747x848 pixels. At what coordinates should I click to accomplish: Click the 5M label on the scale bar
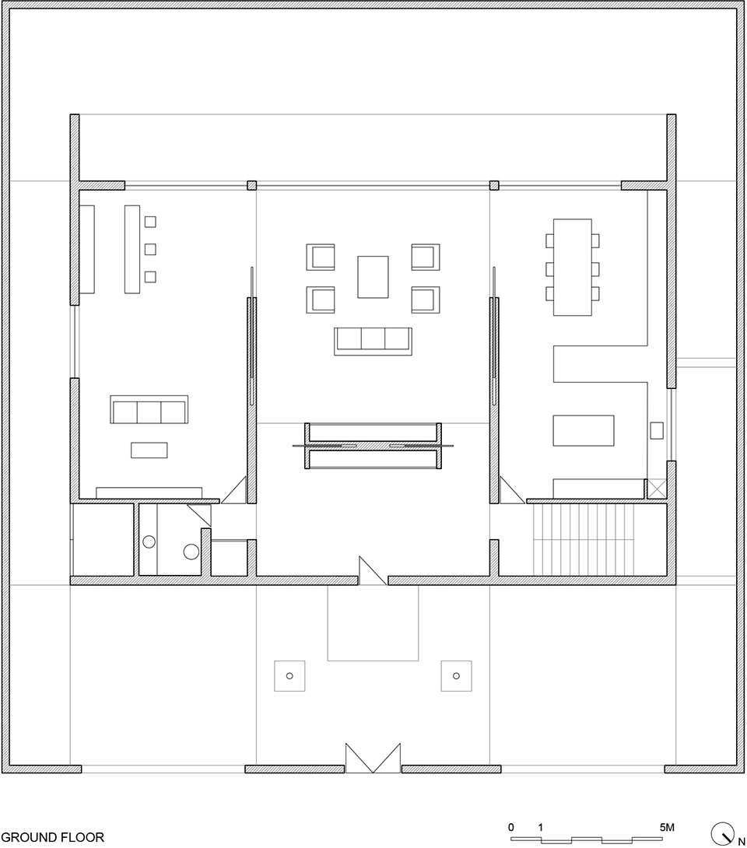coord(667,827)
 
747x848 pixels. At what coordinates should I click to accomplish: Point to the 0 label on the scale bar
coord(511,827)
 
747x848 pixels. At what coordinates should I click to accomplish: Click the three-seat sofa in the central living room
coord(373,341)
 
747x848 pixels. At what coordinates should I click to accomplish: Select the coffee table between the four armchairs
coord(373,277)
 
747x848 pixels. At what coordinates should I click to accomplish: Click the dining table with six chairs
coord(572,267)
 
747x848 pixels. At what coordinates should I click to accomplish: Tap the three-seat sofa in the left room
coord(149,409)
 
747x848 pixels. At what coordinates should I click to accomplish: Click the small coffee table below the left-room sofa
coord(149,450)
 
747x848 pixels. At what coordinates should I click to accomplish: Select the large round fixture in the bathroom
coord(191,552)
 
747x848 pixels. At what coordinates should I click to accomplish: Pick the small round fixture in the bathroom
coord(149,541)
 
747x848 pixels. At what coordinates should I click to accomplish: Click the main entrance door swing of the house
coord(373,570)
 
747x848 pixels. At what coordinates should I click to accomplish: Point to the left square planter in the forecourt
coord(289,675)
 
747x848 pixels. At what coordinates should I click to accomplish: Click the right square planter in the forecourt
coord(456,675)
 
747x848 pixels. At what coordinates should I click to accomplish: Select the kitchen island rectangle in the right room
coord(583,430)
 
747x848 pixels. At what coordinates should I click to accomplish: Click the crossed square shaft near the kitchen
coord(657,488)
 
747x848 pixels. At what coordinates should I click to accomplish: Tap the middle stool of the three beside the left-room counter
coord(150,249)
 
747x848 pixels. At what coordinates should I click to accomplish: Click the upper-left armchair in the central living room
coord(321,257)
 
